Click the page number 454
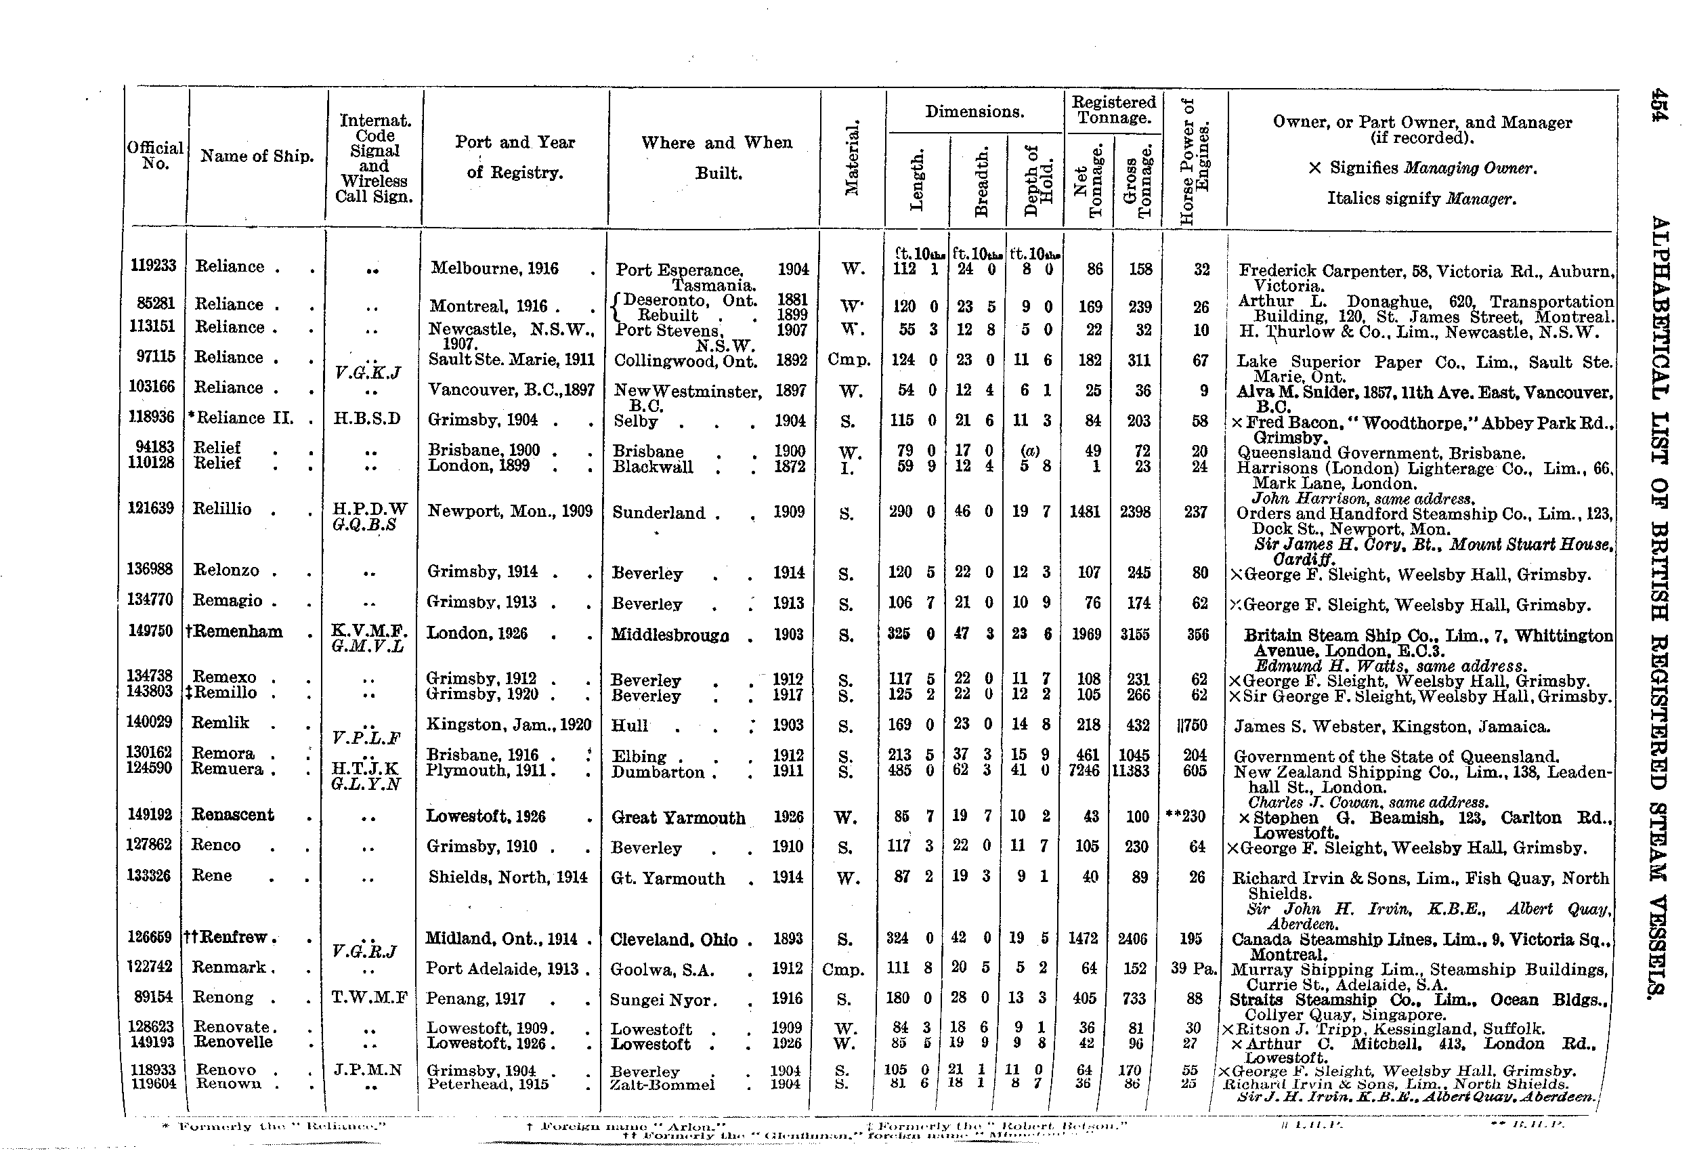point(1658,106)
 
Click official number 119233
point(153,266)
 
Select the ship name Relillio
point(221,509)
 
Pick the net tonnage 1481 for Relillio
point(1085,511)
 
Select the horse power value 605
point(1195,770)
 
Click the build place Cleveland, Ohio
point(673,940)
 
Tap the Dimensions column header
point(974,112)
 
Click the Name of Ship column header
point(257,156)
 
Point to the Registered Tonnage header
point(1113,109)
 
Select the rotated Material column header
point(851,157)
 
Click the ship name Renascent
point(232,815)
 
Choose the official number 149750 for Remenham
point(152,631)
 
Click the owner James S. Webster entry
point(1392,726)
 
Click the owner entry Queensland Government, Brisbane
point(1381,453)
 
